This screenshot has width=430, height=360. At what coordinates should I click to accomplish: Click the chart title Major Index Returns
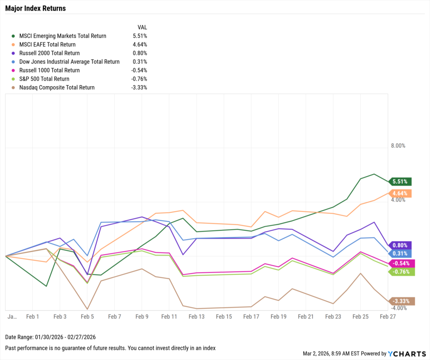pos(35,8)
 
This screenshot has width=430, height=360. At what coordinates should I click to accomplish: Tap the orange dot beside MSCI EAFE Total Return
pos(15,44)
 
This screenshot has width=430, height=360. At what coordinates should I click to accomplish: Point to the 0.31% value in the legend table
pos(140,62)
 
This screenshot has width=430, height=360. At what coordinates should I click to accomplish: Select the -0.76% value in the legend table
pos(139,79)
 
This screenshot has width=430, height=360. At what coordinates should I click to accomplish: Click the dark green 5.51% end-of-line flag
pos(400,182)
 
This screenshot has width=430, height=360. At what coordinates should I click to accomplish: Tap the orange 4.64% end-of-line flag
pos(400,193)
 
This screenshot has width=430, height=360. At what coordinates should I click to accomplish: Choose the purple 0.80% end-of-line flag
pos(400,245)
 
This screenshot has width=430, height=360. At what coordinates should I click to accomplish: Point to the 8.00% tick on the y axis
pos(398,146)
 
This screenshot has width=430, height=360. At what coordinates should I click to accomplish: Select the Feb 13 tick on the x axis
pos(196,316)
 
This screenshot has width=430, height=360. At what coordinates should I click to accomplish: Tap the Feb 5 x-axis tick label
pos(87,316)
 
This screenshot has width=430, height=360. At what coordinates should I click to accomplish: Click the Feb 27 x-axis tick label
pos(388,316)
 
